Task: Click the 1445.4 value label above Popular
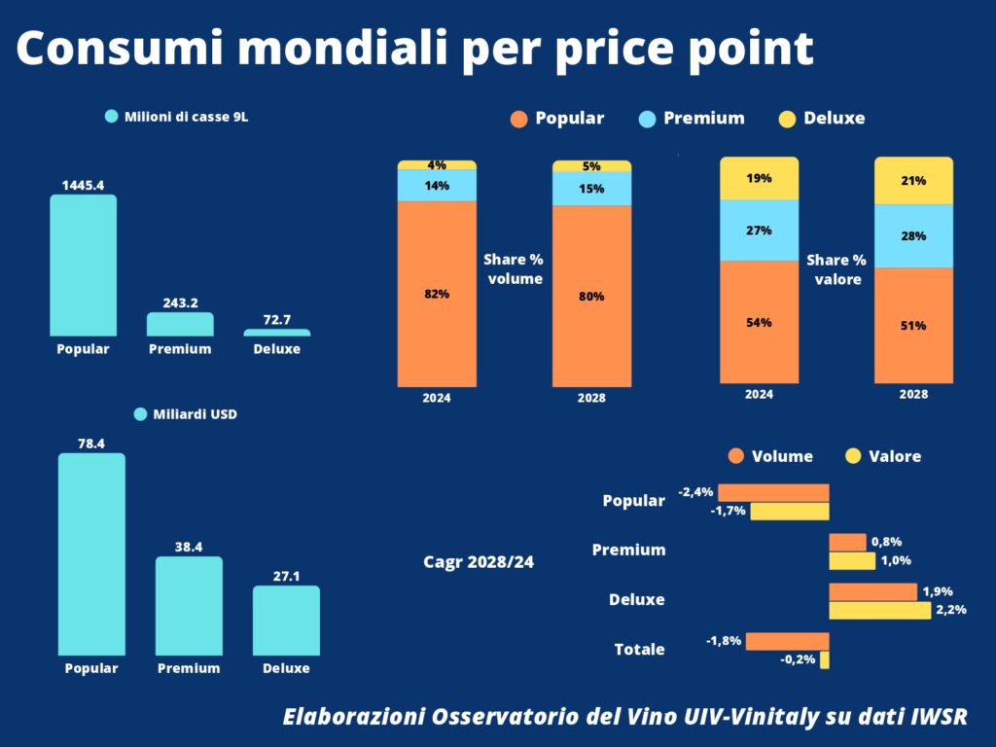[x=84, y=186]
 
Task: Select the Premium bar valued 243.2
[x=180, y=324]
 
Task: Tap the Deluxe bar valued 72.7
[x=277, y=333]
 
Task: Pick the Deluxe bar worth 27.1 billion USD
[x=287, y=621]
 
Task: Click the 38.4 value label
[x=189, y=547]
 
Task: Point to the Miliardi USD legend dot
[x=141, y=414]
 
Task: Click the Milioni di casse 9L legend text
[x=186, y=117]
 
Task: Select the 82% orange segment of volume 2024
[x=437, y=294]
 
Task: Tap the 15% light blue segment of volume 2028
[x=592, y=189]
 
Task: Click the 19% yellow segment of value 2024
[x=759, y=179]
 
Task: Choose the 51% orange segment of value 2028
[x=913, y=326]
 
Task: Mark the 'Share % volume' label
[x=514, y=269]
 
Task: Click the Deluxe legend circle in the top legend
[x=787, y=119]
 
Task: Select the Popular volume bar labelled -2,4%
[x=773, y=493]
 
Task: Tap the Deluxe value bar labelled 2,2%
[x=879, y=611]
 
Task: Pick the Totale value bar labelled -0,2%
[x=825, y=660]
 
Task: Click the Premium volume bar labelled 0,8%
[x=847, y=543]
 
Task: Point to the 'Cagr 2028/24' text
[x=479, y=562]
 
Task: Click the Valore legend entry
[x=883, y=456]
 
